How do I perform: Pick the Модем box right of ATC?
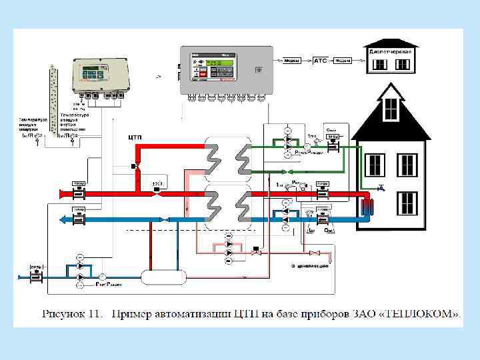(343, 60)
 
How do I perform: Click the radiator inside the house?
(367, 205)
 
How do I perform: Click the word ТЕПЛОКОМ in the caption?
(422, 312)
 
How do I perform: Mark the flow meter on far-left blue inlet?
(36, 275)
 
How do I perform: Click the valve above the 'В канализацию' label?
(317, 253)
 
